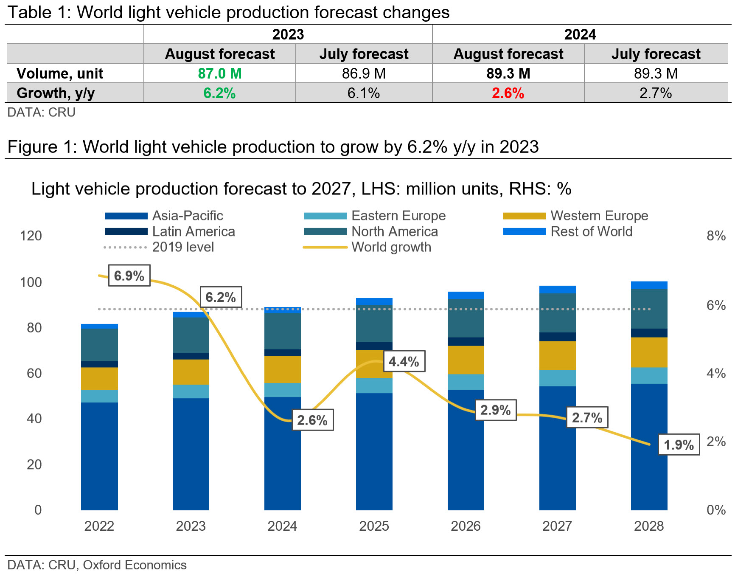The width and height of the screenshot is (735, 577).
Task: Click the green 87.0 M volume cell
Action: click(x=219, y=73)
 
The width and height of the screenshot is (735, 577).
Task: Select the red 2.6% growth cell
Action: click(x=508, y=93)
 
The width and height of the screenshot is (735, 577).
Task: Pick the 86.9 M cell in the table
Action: click(x=364, y=73)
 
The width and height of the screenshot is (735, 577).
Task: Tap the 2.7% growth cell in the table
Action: click(x=655, y=93)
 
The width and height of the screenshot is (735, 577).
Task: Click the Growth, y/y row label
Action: click(x=56, y=93)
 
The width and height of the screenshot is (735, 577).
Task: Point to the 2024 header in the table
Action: click(x=580, y=34)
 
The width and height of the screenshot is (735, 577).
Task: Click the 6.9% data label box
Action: click(x=129, y=276)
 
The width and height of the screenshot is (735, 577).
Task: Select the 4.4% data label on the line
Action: click(x=404, y=361)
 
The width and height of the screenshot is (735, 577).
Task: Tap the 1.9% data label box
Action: click(x=679, y=445)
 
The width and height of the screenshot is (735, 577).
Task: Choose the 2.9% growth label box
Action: click(x=495, y=410)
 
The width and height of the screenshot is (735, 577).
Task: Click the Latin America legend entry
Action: click(x=193, y=231)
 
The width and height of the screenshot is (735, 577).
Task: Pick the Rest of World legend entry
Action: click(x=591, y=231)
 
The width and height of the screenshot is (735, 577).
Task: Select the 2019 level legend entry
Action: click(x=183, y=247)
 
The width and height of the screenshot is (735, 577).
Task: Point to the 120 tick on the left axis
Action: click(x=31, y=236)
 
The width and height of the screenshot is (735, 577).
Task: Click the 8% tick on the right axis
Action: click(x=716, y=236)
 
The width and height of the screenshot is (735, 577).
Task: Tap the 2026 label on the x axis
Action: click(x=466, y=526)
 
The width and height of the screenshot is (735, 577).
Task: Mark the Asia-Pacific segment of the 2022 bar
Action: click(x=99, y=456)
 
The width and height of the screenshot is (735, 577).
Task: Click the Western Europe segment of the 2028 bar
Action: click(x=649, y=352)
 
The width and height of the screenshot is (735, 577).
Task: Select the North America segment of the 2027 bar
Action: click(x=557, y=312)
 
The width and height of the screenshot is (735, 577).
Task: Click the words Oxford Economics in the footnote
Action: click(x=135, y=565)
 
